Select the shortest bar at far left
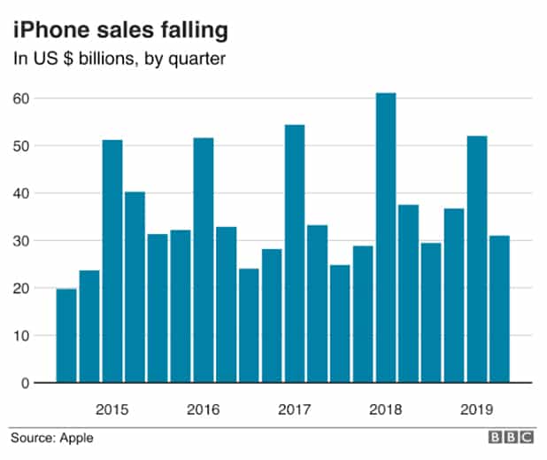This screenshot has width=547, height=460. [66, 335]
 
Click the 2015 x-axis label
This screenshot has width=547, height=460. [112, 409]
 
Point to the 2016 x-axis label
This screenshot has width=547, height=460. [204, 409]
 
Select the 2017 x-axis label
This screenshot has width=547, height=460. [295, 409]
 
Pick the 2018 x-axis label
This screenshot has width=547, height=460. [386, 409]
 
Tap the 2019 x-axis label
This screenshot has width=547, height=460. [477, 409]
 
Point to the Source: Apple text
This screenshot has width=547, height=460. [51, 438]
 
